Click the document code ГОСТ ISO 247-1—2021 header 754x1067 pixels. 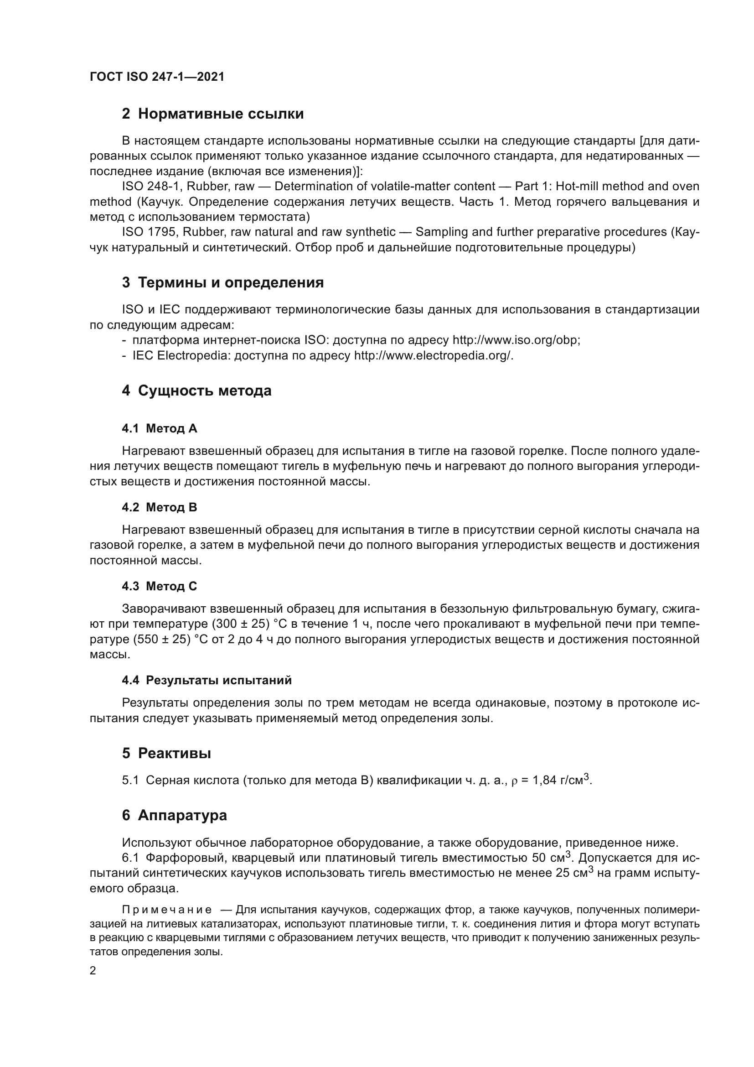point(157,77)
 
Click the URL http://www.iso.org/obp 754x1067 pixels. point(516,340)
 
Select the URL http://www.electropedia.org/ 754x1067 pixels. point(434,355)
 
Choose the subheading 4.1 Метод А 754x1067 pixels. point(159,428)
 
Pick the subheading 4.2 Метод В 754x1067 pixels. point(159,507)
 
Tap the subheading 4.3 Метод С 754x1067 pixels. point(159,587)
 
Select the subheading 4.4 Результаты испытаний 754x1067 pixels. point(207,680)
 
